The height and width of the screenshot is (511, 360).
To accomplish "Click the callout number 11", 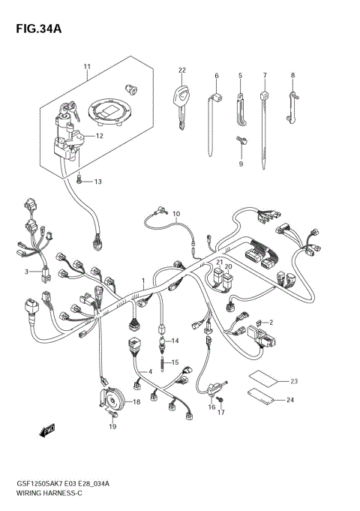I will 86,68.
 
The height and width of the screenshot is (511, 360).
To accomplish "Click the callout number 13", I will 97,182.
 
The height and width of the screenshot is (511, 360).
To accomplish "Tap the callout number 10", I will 176,214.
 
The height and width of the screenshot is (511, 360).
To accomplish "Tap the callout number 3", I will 25,271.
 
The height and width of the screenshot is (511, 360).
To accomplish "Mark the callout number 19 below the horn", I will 112,427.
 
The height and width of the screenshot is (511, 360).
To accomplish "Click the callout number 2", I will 271,322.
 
